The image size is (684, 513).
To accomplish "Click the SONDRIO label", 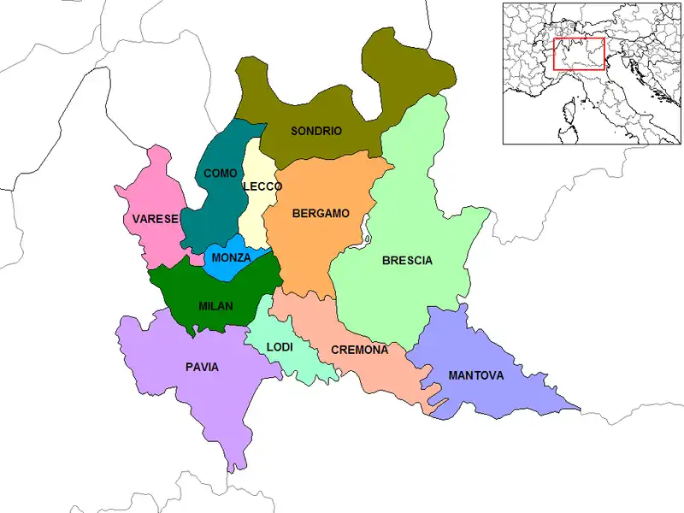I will pos(316,132).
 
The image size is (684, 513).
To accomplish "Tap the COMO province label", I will pos(220,174).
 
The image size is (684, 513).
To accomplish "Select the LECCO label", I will pos(262,186).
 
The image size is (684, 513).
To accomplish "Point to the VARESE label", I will pos(155,220).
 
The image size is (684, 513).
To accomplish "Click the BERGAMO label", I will pos(321,214).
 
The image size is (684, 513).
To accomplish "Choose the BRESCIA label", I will pos(407,261).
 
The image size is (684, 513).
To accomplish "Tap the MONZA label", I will pos(231,257).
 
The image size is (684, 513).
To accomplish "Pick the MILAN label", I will pos(215,306).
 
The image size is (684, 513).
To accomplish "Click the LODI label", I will pos(280,347).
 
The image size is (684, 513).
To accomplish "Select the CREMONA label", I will pos(360,351).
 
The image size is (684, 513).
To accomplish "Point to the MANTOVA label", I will pos(475,375).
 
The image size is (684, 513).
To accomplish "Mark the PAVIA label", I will pos(202,368).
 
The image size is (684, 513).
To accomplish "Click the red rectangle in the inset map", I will pos(579,54).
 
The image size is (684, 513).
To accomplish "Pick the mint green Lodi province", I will pos(295,359).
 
